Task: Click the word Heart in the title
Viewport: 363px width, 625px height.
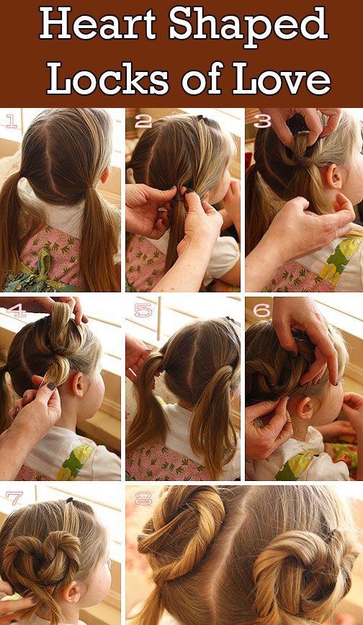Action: pos(99,24)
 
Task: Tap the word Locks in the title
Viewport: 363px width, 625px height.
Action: pos(108,77)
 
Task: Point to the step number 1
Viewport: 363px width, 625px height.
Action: pos(12,120)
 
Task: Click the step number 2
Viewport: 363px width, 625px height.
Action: pos(143,120)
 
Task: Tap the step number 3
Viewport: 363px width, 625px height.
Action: pos(262,121)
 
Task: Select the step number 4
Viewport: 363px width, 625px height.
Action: pos(16,310)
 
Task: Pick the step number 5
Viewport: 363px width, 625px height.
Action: pos(143,310)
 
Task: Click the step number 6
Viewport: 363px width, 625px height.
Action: pos(262,310)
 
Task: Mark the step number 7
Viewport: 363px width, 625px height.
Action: pos(14,498)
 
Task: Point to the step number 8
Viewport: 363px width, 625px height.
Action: pos(143,498)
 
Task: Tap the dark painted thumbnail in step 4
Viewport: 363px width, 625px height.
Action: pos(51,386)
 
